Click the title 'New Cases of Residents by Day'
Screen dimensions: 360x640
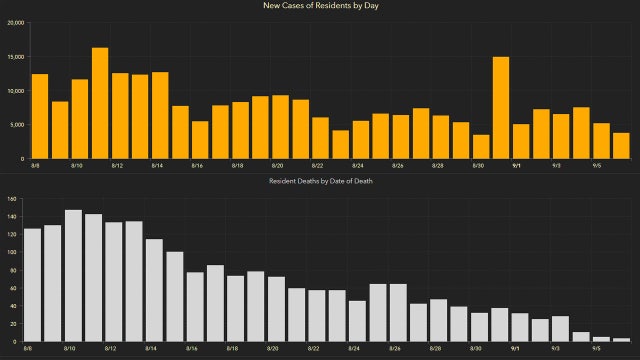pyautogui.click(x=320, y=7)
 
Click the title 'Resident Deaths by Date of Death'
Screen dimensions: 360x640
pyautogui.click(x=320, y=180)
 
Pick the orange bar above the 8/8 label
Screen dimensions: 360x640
pyautogui.click(x=40, y=116)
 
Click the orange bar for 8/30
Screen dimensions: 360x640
pyautogui.click(x=481, y=147)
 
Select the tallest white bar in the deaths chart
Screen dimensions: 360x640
pyautogui.click(x=73, y=275)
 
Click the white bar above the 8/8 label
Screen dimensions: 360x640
pyautogui.click(x=33, y=285)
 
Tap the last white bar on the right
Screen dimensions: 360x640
pyautogui.click(x=621, y=340)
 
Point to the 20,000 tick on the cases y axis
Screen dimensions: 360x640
pyautogui.click(x=17, y=22)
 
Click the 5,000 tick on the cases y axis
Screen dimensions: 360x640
pyautogui.click(x=19, y=125)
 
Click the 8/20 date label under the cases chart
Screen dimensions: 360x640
pyautogui.click(x=277, y=166)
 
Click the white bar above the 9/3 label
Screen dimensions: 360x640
pyautogui.click(x=561, y=329)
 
